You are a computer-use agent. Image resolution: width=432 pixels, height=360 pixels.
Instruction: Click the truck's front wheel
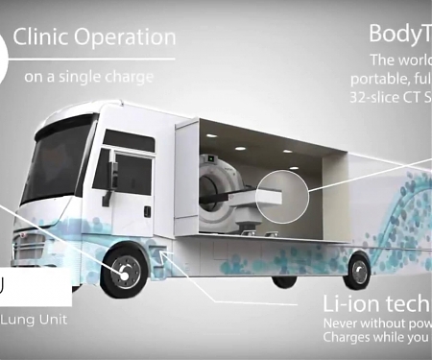click(124, 273)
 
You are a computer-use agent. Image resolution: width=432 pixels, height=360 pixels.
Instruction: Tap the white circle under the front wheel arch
click(124, 273)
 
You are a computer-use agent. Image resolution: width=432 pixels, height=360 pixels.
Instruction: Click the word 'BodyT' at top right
click(399, 35)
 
